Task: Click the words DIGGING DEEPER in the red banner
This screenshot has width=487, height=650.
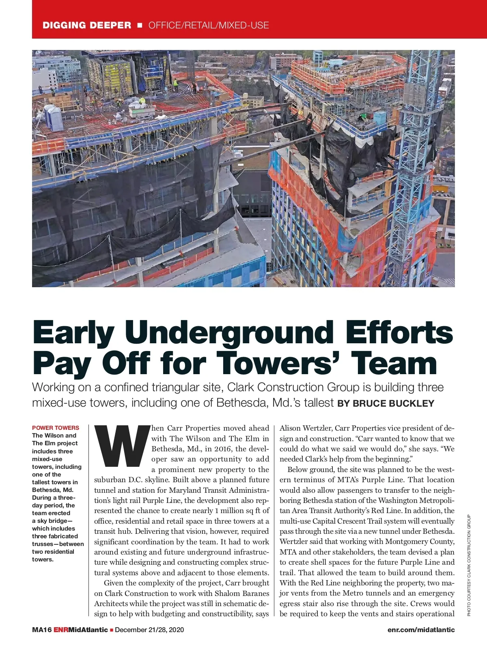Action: (x=87, y=25)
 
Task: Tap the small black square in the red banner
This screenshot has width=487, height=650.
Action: (x=140, y=25)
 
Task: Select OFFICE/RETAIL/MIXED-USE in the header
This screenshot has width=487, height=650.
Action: (x=209, y=25)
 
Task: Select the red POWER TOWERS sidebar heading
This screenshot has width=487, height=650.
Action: (x=56, y=428)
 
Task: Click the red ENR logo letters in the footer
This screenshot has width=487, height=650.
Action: (x=61, y=630)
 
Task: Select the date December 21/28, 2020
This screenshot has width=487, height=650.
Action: (x=149, y=630)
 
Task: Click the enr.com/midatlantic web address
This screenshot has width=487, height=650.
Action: (x=421, y=630)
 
